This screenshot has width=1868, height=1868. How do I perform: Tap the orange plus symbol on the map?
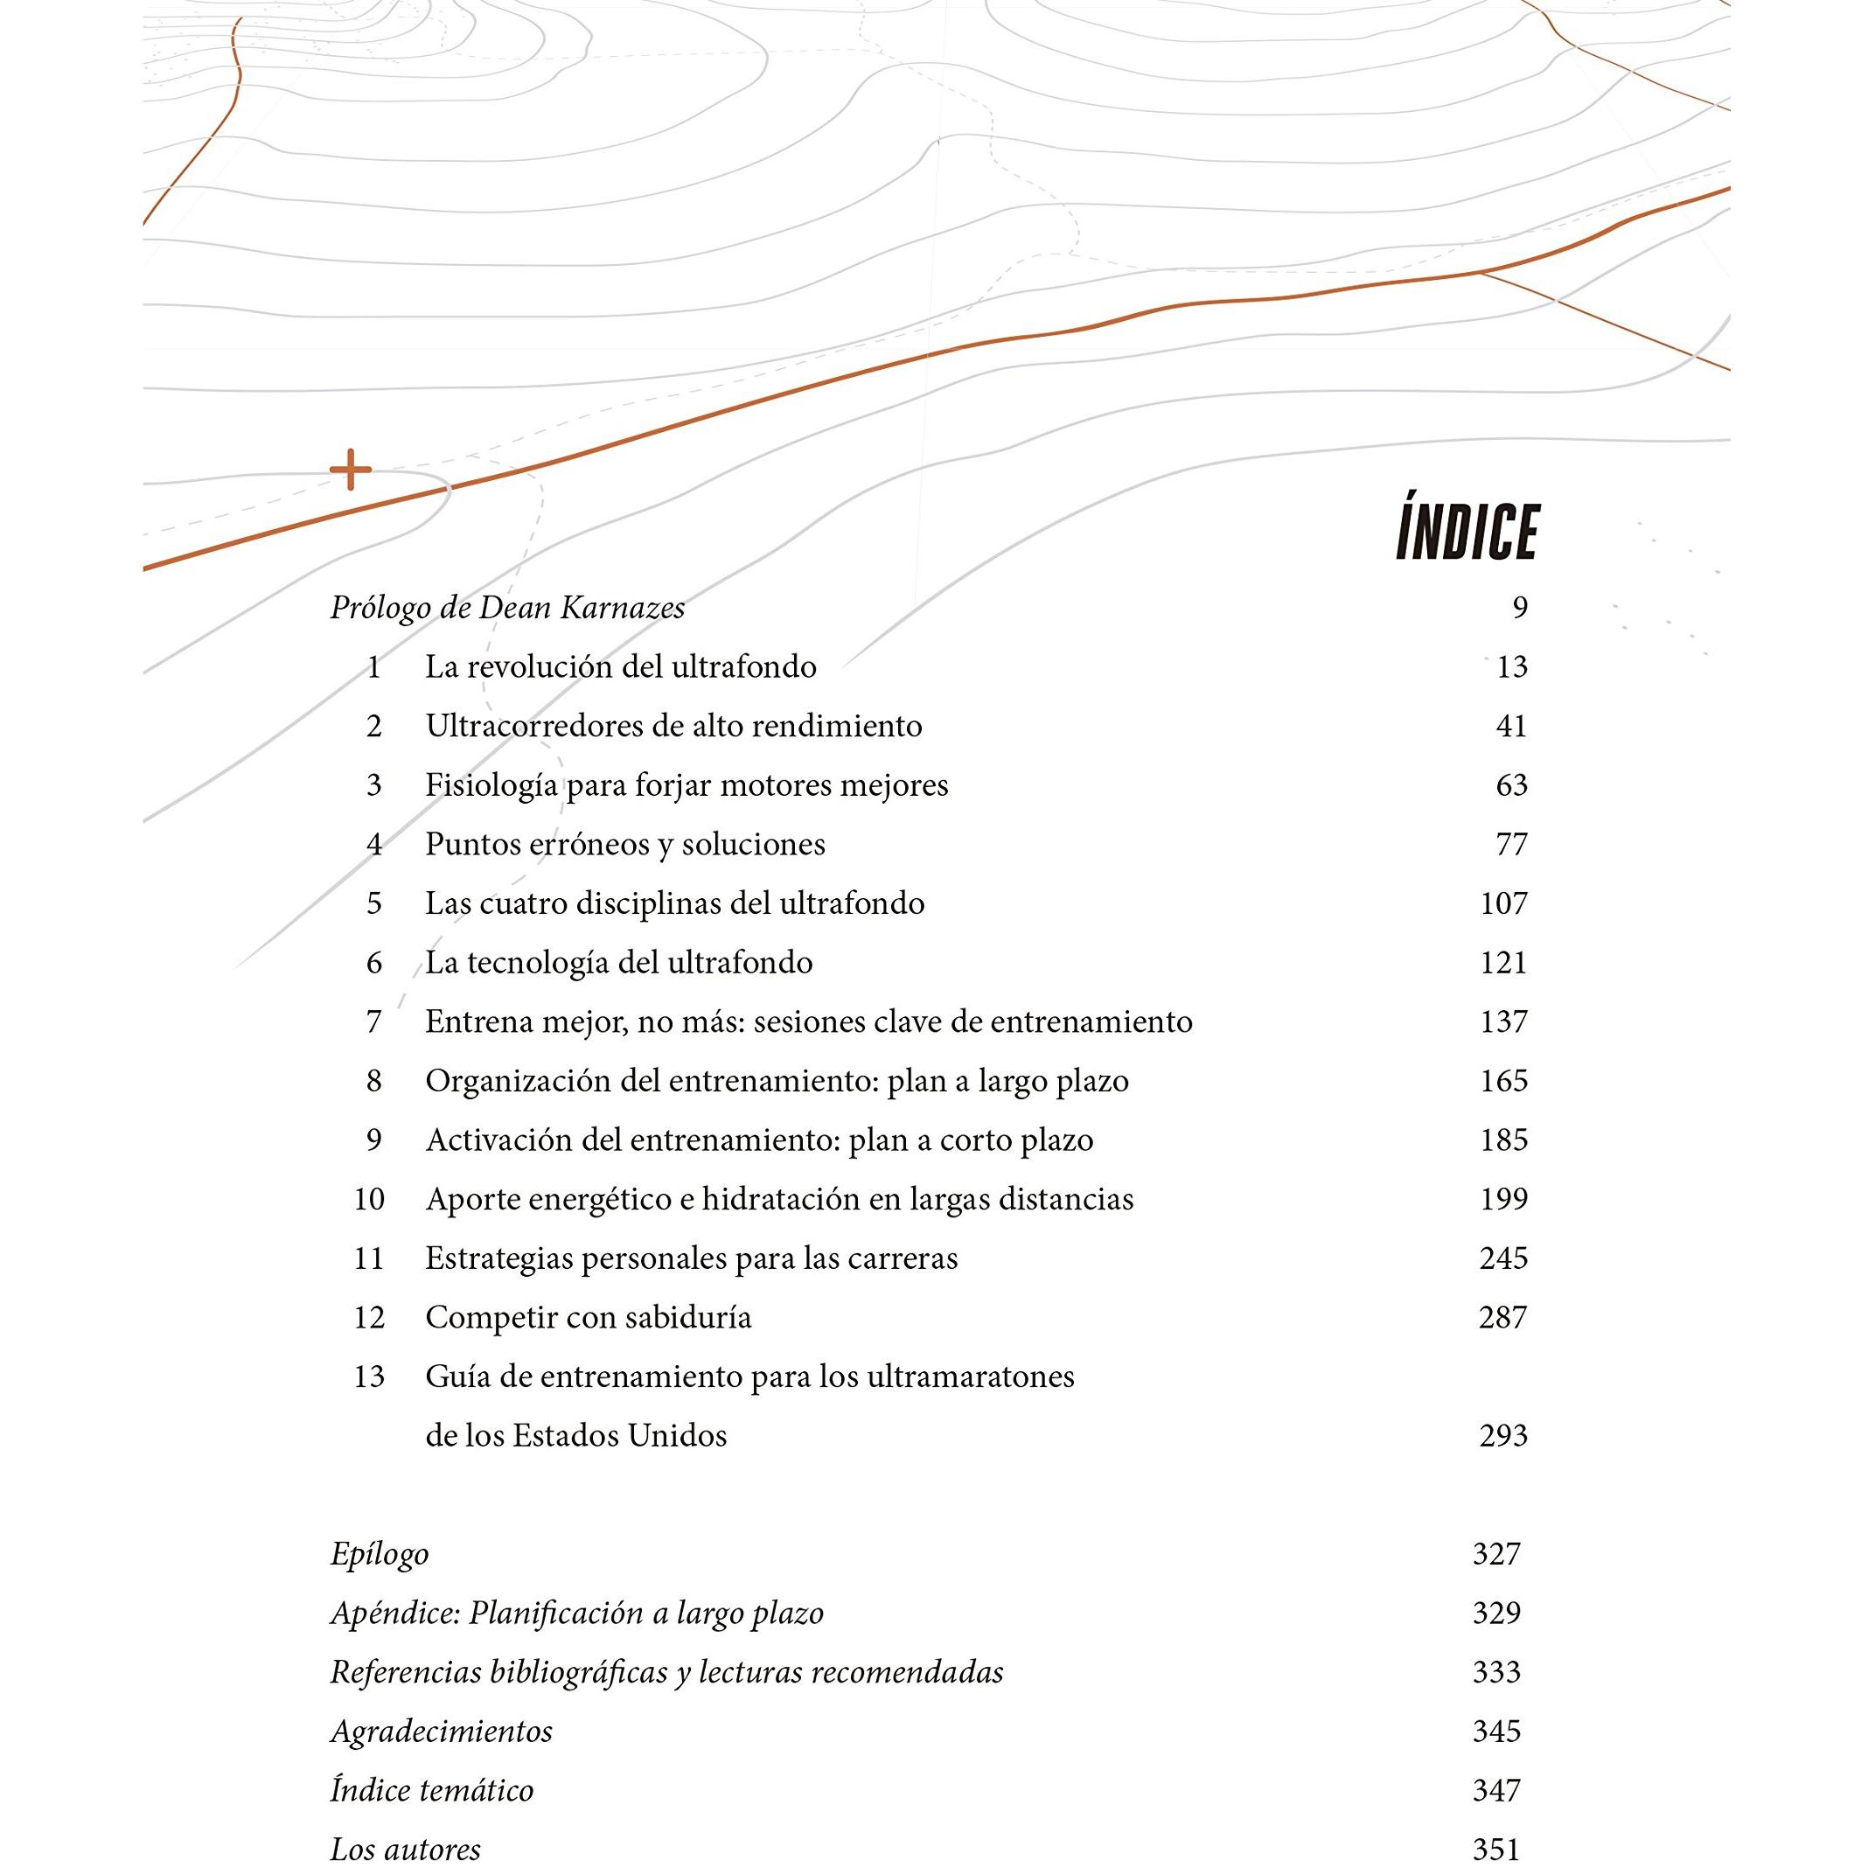[x=350, y=470]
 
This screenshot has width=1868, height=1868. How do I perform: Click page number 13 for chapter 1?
[x=1510, y=667]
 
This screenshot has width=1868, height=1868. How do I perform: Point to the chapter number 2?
[x=374, y=726]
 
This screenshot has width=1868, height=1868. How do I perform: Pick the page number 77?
[x=1510, y=844]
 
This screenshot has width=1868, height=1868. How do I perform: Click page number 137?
[x=1502, y=1022]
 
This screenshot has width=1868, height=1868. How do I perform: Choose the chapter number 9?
[x=374, y=1140]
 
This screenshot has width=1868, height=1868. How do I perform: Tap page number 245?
[x=1502, y=1258]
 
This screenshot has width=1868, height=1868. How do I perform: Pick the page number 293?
[x=1502, y=1436]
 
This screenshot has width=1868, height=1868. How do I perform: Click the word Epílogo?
[x=379, y=1555]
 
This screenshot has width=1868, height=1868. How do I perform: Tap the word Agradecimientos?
[x=441, y=1731]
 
